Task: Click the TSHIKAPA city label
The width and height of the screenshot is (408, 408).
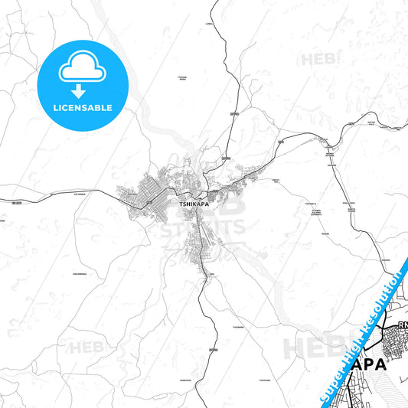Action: (x=192, y=205)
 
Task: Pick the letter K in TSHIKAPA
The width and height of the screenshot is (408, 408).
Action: (x=193, y=205)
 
